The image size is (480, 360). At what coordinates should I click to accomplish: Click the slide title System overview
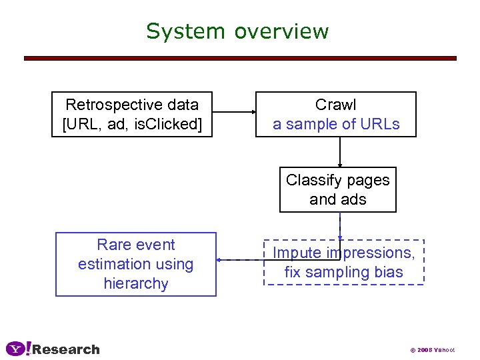tap(237, 31)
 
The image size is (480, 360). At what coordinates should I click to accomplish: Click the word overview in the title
tap(281, 31)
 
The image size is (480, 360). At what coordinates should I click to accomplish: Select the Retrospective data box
tap(132, 114)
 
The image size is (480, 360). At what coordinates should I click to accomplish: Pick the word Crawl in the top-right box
tap(336, 105)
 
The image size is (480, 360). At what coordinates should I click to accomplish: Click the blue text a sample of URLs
tap(336, 124)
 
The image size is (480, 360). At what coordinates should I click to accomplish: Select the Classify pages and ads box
tap(337, 189)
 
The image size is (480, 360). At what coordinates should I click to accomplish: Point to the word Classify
tap(313, 180)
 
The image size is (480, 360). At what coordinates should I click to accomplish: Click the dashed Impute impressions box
tap(344, 262)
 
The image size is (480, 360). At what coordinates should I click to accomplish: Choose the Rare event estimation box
tap(136, 264)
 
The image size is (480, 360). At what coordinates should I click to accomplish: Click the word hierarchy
tap(136, 283)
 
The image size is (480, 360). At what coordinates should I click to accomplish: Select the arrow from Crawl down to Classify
tap(340, 152)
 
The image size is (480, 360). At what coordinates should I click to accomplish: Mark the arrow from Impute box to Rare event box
tap(240, 260)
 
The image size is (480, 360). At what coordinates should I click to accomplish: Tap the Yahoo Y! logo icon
tap(18, 349)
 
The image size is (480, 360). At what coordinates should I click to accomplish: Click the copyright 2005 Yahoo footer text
tap(432, 350)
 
